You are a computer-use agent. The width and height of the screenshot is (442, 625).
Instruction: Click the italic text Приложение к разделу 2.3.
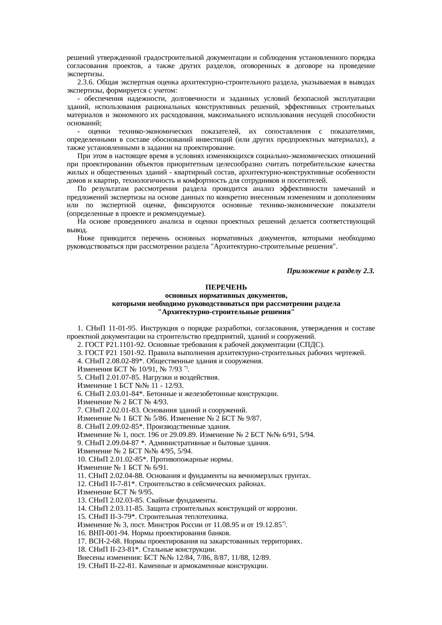(x=330, y=271)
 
